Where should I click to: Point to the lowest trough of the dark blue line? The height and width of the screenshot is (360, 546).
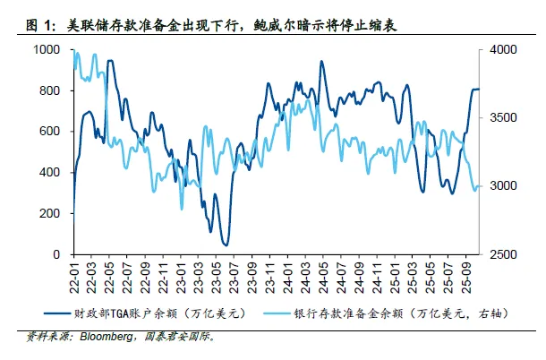pos(226,244)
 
